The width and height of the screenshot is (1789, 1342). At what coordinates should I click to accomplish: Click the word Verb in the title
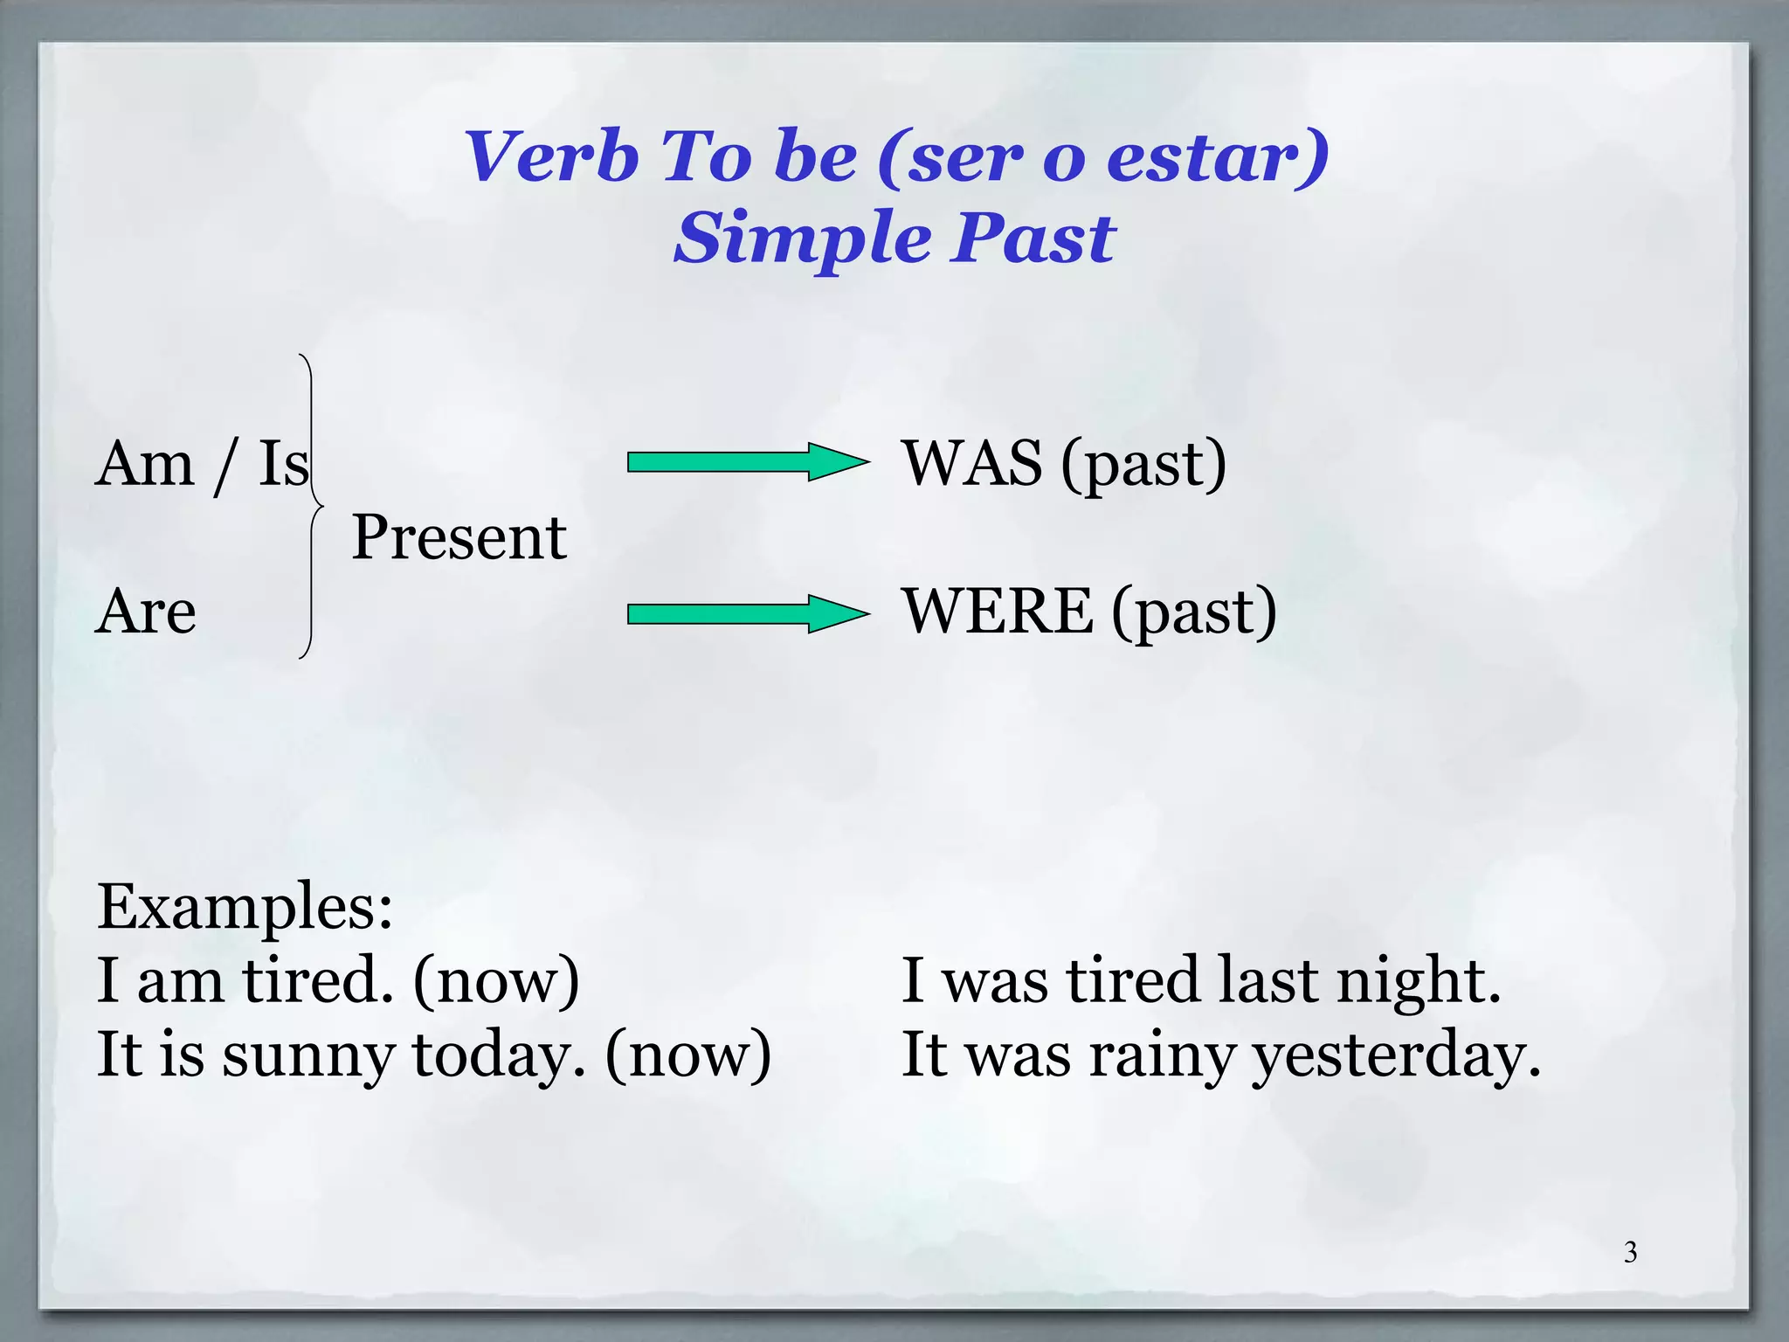551,157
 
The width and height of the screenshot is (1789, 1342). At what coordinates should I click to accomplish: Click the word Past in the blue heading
1033,238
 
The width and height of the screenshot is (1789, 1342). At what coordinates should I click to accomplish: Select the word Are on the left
146,612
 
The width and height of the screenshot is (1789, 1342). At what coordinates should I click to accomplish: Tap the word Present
459,537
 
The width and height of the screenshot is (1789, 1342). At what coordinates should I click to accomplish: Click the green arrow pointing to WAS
747,462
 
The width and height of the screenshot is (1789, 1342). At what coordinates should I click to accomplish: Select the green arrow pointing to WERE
747,613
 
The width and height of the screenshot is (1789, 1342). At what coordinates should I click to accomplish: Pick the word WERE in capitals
998,612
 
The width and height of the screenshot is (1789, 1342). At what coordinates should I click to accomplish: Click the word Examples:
245,907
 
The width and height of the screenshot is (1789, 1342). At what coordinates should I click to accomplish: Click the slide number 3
1630,1253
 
